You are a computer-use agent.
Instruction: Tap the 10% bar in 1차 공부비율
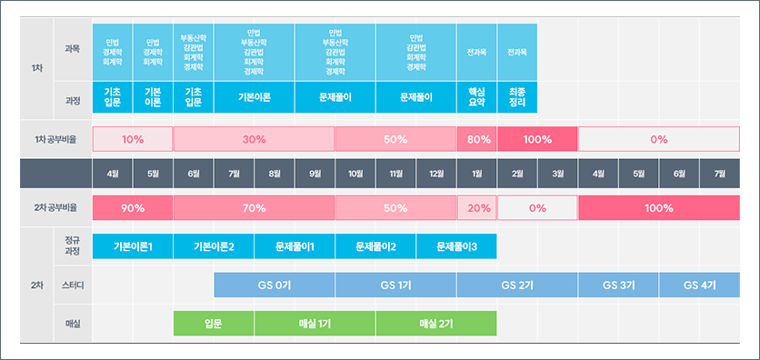(133, 139)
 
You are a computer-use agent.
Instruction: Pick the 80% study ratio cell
(476, 139)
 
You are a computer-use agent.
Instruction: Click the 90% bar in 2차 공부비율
(133, 208)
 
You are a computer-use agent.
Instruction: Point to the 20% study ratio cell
(476, 208)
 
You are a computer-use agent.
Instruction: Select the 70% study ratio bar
(254, 208)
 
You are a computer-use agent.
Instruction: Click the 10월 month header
(355, 173)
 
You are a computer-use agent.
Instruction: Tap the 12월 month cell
(436, 173)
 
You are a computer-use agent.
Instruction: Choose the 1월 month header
(476, 173)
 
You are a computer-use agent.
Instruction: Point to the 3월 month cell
(557, 173)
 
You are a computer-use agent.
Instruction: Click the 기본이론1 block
(133, 246)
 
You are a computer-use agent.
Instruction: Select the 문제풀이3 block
(456, 246)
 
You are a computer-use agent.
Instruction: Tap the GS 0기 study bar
(274, 285)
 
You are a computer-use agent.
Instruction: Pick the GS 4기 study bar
(700, 285)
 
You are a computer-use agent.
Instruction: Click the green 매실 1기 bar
(315, 323)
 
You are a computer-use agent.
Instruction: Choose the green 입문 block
(214, 323)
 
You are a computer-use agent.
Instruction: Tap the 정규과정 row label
(73, 246)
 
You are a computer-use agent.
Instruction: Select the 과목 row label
(73, 49)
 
